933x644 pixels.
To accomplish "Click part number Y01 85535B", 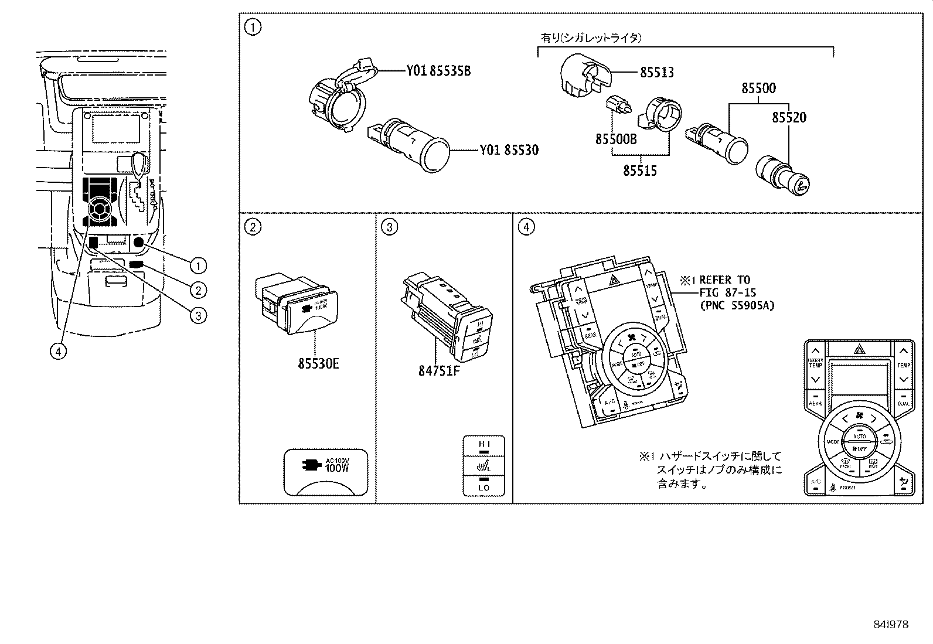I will (x=438, y=71).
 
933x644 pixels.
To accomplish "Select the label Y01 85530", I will (x=509, y=150).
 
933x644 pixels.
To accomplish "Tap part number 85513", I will (x=656, y=73).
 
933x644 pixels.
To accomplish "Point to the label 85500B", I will (x=616, y=139).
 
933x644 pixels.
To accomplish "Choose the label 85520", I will (x=789, y=117).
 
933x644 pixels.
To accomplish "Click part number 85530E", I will (x=318, y=364).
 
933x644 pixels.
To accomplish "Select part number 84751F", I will (x=440, y=371).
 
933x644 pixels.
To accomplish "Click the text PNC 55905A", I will (x=737, y=305).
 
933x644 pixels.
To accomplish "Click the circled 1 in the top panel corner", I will (x=252, y=27).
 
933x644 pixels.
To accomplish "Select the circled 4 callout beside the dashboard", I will (x=57, y=351).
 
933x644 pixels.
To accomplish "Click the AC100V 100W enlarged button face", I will (x=326, y=472).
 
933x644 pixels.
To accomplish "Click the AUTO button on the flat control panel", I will (x=859, y=436).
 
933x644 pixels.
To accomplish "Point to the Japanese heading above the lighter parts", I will (x=590, y=38).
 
